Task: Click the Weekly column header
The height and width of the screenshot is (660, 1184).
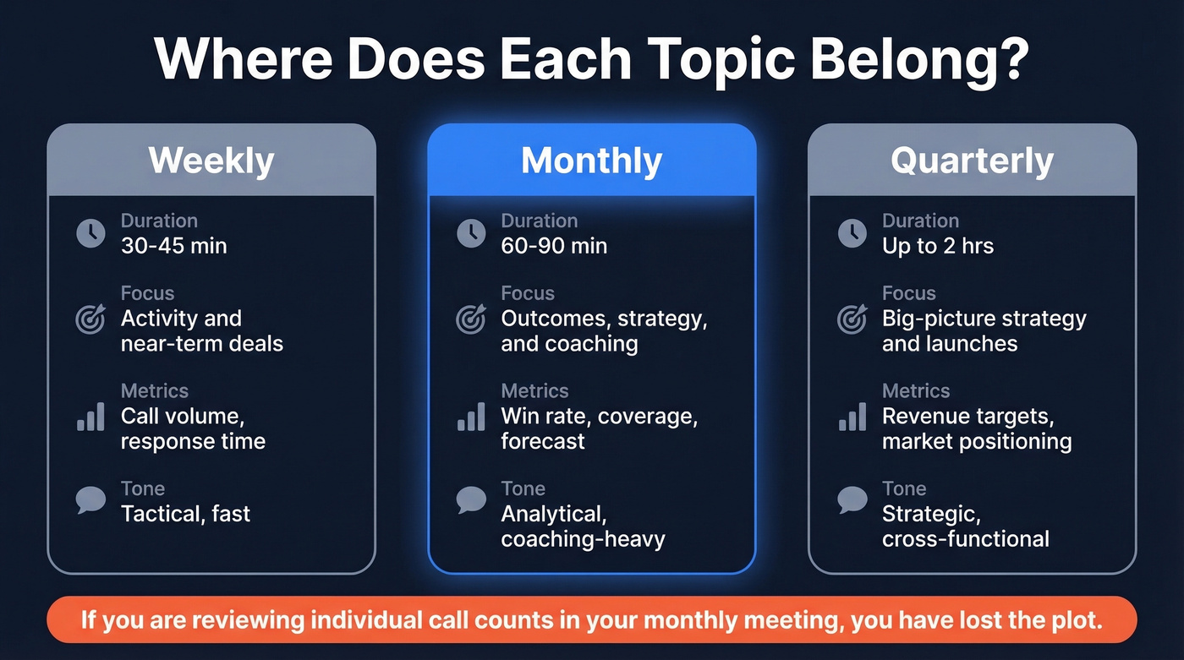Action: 211,161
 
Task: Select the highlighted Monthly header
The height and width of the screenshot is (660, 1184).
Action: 591,161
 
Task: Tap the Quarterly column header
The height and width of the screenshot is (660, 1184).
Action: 972,161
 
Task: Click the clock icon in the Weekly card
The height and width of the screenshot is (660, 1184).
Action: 90,233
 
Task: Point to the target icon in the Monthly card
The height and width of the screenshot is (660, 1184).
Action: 471,319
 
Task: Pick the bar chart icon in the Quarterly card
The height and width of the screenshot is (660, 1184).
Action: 852,417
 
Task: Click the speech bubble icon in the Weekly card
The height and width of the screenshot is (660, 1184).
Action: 90,499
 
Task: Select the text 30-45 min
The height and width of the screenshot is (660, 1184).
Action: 173,246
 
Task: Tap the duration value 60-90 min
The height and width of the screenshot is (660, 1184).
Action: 554,246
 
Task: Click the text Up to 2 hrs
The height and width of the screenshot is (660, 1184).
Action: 937,246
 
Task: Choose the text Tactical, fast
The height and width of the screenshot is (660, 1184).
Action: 185,513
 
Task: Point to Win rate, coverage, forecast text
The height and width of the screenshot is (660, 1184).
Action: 599,428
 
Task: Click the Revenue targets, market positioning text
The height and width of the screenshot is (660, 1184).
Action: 976,428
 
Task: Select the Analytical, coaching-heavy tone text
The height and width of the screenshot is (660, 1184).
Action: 583,526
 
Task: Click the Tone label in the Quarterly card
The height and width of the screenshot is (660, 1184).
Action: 903,488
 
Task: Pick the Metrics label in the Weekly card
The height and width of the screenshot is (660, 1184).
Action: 154,390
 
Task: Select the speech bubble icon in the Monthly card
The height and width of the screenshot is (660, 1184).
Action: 471,499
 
